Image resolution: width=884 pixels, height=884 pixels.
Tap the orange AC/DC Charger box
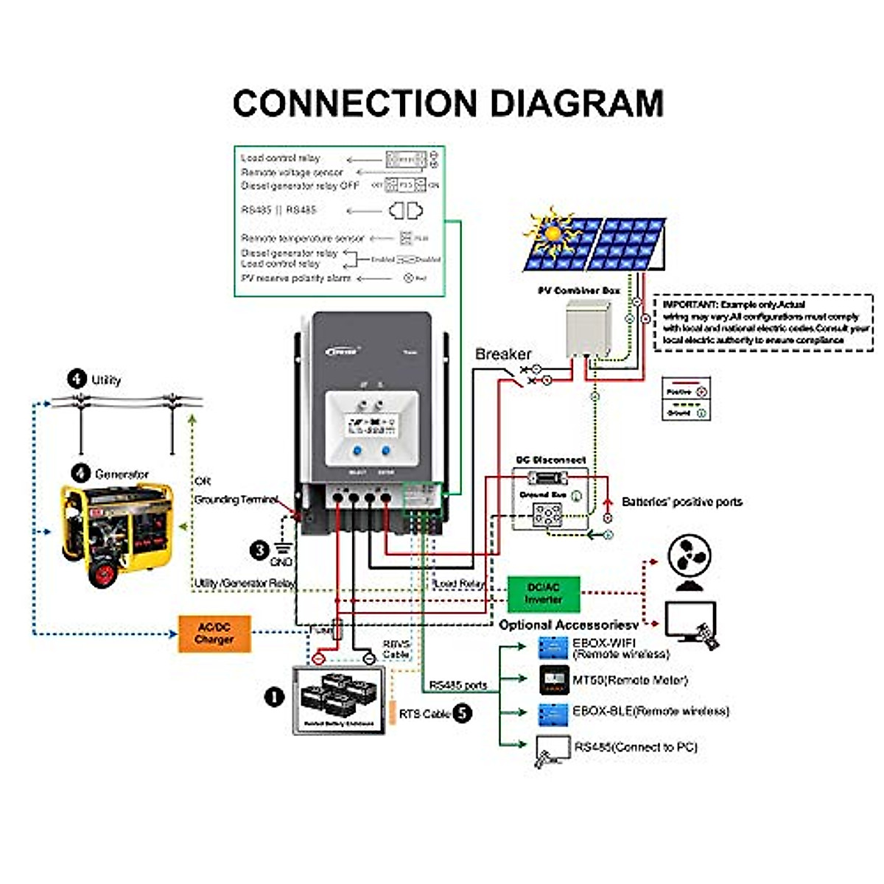click(214, 634)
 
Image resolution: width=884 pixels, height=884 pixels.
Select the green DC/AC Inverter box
click(544, 594)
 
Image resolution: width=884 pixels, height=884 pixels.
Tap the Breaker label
click(502, 354)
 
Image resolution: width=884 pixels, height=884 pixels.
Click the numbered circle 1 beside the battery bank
click(274, 697)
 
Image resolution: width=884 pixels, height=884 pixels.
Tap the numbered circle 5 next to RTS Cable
click(462, 713)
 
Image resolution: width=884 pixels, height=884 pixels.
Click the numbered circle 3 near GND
click(259, 550)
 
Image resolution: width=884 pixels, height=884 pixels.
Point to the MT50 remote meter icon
click(554, 680)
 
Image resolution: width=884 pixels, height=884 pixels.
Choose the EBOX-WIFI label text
click(603, 642)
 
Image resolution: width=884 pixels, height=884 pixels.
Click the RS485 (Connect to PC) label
click(635, 747)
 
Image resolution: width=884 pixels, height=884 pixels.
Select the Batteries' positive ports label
click(681, 502)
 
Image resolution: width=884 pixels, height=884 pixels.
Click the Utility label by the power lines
click(106, 380)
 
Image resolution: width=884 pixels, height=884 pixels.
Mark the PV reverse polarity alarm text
click(295, 278)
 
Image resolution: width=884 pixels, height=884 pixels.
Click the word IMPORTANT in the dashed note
click(690, 304)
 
